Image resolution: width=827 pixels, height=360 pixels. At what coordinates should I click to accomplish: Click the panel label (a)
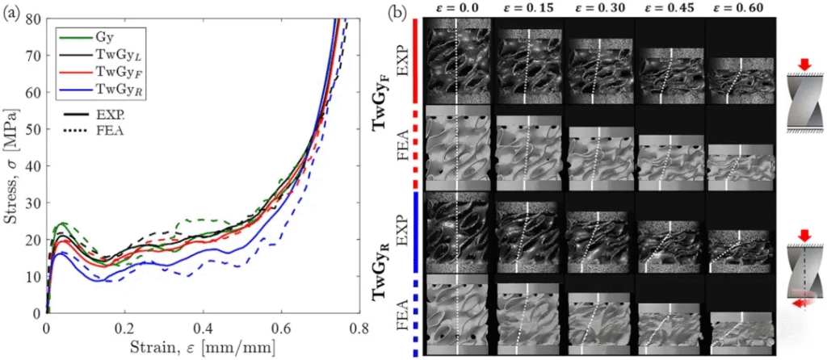click(11, 12)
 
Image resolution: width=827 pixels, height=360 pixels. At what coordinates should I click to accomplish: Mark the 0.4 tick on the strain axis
click(203, 329)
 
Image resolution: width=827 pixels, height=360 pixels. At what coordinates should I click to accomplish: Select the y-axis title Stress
click(11, 165)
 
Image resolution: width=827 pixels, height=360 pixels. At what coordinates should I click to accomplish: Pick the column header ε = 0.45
click(669, 8)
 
